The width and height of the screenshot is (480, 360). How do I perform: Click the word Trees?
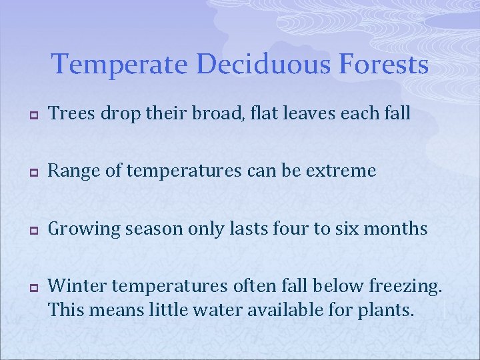[x=69, y=115]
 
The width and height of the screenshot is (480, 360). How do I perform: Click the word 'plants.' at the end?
[x=383, y=310]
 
